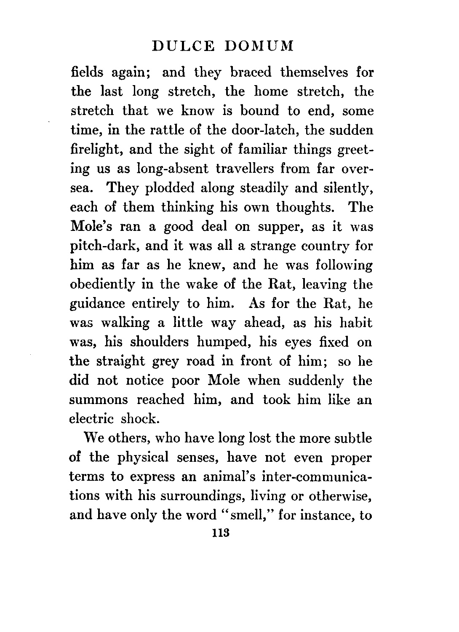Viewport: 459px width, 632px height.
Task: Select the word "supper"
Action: click(x=279, y=227)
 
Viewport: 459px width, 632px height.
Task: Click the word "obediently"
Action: click(x=101, y=285)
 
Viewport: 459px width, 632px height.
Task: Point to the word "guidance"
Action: click(x=97, y=304)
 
